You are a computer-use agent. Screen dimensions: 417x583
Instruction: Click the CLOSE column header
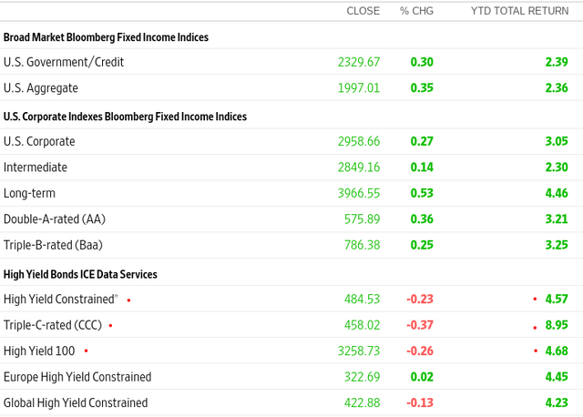click(363, 11)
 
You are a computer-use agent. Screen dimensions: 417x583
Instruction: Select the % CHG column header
click(416, 11)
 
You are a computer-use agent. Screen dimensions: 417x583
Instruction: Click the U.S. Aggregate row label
click(41, 88)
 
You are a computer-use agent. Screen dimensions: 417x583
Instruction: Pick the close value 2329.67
click(358, 62)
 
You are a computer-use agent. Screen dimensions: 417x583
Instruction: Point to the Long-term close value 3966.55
click(358, 193)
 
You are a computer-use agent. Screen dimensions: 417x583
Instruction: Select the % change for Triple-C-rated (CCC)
click(420, 324)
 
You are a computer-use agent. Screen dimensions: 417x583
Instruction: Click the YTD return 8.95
click(556, 324)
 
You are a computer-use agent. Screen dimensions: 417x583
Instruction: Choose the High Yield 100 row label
click(40, 351)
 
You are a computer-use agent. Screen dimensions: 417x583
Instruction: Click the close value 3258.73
click(358, 351)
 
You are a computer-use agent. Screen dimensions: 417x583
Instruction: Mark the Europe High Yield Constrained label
click(77, 377)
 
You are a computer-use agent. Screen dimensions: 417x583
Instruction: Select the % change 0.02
click(422, 377)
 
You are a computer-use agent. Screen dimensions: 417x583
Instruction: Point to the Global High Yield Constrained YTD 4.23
click(556, 402)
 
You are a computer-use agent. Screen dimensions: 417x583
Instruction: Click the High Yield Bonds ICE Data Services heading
click(80, 273)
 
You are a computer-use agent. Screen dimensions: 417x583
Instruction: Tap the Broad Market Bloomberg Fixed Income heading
click(106, 37)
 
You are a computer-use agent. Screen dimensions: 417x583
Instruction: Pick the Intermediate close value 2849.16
click(358, 168)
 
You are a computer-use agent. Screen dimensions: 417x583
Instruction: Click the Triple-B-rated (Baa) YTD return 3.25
click(556, 246)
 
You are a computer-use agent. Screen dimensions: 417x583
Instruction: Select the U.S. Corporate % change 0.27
click(422, 141)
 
